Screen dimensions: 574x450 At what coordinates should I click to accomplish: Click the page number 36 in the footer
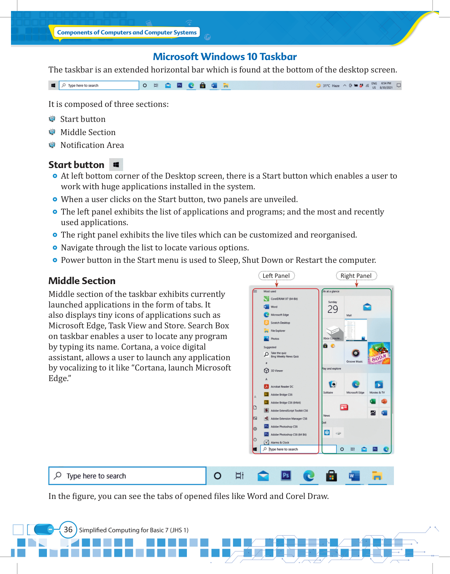68,530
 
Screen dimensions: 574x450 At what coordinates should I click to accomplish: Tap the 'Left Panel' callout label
276,276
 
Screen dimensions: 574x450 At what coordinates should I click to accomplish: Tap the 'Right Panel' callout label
356,276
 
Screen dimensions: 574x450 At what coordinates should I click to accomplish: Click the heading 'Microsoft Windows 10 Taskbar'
225,57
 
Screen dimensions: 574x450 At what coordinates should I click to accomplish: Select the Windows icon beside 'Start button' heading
116,165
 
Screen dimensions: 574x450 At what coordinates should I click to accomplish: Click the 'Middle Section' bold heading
82,281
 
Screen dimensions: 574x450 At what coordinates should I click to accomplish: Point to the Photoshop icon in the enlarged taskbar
286,476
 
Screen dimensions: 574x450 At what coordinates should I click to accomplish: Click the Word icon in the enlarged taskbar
354,476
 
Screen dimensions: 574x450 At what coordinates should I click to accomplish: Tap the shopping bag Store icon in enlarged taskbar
331,476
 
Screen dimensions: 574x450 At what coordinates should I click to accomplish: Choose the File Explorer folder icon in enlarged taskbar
377,476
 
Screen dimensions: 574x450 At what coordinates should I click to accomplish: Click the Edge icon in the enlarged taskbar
309,476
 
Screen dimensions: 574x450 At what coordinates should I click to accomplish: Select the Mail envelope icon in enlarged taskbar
263,476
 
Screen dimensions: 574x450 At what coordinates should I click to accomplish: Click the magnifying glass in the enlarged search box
58,476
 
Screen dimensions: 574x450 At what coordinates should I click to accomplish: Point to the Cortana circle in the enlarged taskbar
217,476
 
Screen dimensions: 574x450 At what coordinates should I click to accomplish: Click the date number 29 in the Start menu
332,309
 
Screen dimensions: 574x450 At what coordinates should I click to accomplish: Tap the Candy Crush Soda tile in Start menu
379,353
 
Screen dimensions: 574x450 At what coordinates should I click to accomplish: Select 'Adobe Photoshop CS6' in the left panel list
284,426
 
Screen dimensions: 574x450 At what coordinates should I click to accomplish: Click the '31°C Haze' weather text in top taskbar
331,86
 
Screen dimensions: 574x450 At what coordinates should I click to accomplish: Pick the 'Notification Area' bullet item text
92,145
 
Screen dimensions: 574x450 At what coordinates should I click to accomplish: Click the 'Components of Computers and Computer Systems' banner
127,32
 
